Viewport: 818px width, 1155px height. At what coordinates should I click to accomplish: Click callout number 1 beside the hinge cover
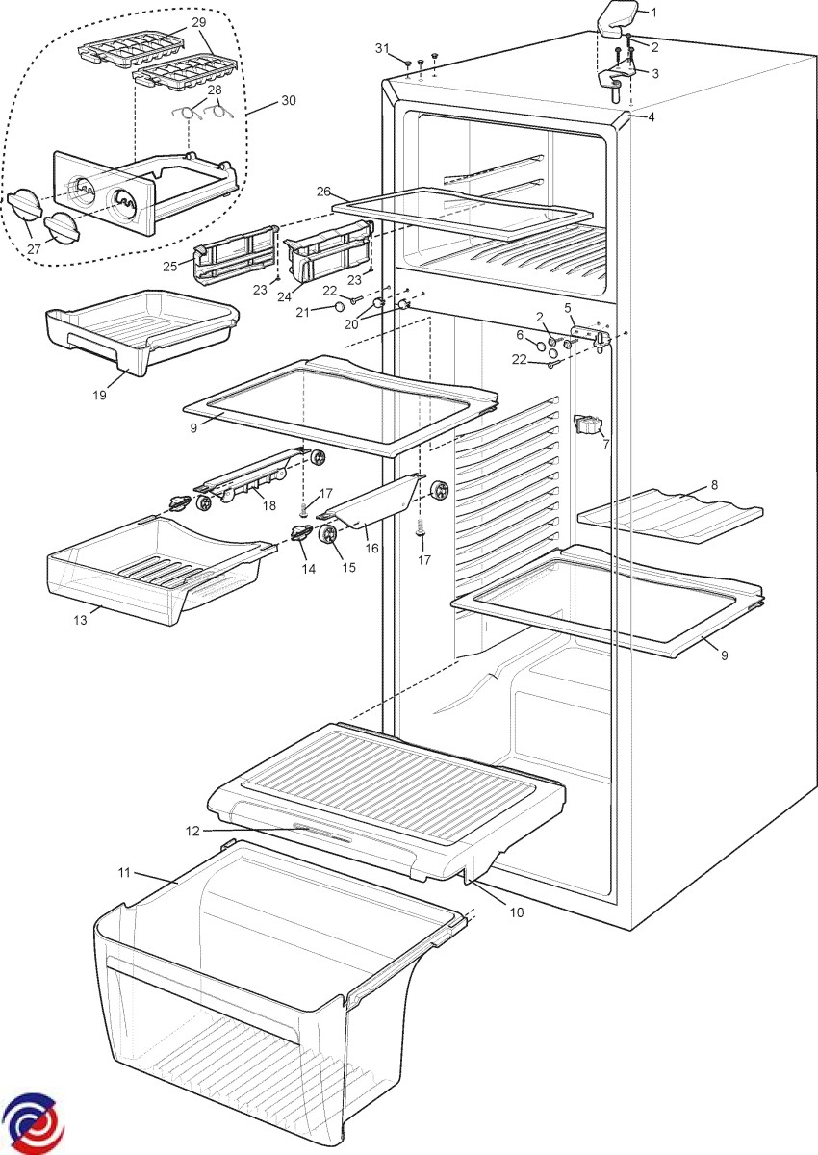pyautogui.click(x=653, y=13)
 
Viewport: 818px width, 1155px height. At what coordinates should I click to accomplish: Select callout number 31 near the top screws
pyautogui.click(x=382, y=47)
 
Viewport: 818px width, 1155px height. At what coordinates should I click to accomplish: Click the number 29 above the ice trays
pyautogui.click(x=198, y=20)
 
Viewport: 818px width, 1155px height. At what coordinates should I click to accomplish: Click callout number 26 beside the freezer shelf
pyautogui.click(x=322, y=191)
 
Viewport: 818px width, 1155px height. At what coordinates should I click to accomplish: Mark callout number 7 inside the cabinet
pyautogui.click(x=604, y=446)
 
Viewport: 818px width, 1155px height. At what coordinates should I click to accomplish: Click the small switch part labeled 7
pyautogui.click(x=586, y=424)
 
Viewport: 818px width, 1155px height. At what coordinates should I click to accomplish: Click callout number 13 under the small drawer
pyautogui.click(x=80, y=620)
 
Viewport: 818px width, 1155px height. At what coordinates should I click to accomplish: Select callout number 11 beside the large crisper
pyautogui.click(x=124, y=873)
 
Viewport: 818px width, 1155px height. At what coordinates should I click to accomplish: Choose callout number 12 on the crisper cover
pyautogui.click(x=192, y=829)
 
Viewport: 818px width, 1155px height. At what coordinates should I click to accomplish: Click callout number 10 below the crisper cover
pyautogui.click(x=517, y=912)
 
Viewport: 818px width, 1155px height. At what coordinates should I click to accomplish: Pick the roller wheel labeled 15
pyautogui.click(x=329, y=536)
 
